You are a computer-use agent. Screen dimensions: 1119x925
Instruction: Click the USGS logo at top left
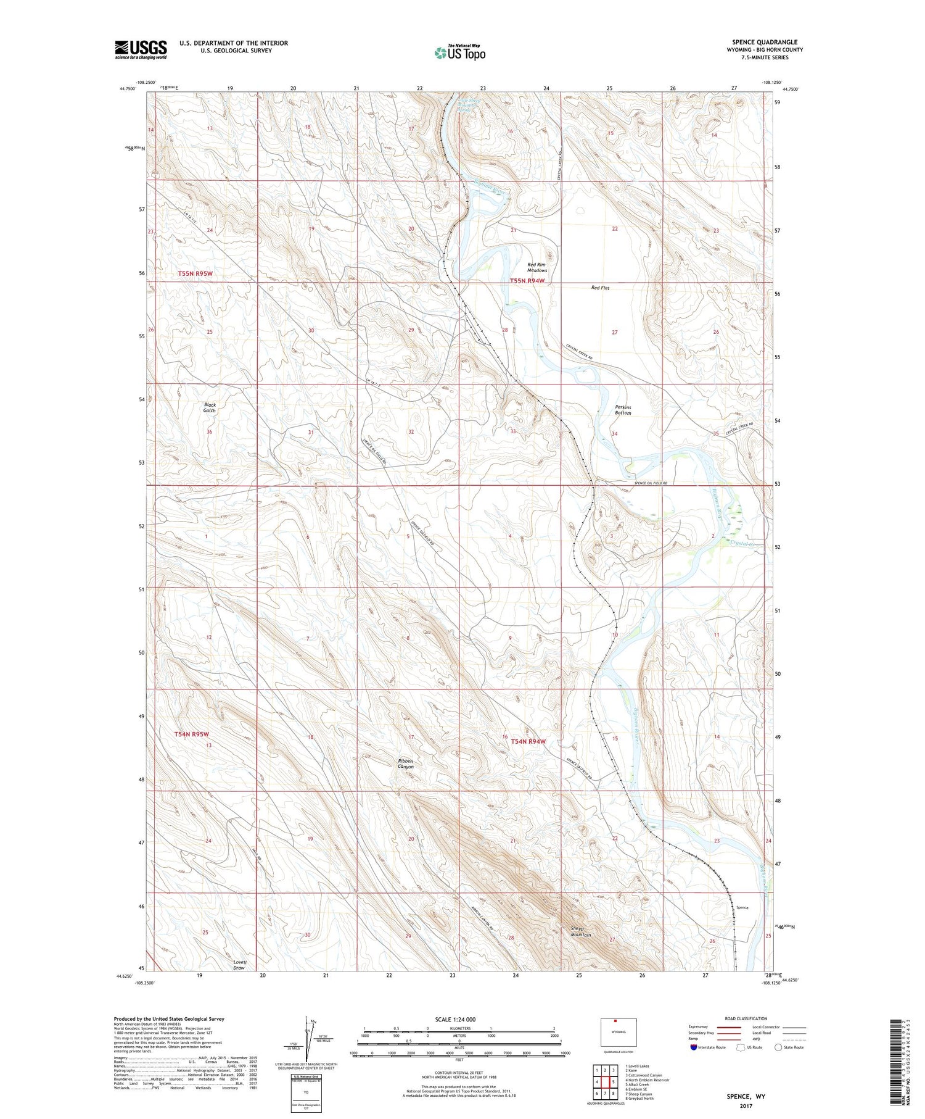click(141, 49)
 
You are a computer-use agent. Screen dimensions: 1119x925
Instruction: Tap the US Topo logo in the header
click(459, 53)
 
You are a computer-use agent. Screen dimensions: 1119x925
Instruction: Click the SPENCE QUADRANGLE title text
click(764, 42)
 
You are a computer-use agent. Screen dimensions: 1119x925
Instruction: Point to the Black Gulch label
click(210, 407)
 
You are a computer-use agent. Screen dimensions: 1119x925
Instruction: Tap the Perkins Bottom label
click(623, 410)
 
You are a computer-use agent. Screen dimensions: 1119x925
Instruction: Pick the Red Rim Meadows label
click(537, 267)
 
